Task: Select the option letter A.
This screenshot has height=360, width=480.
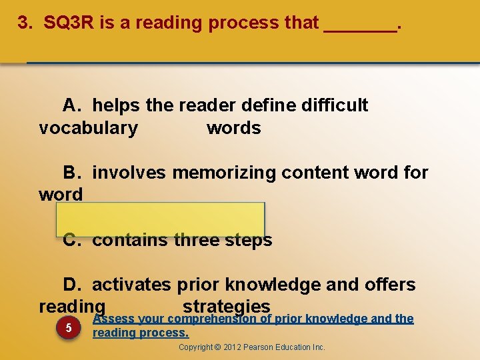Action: [71, 105]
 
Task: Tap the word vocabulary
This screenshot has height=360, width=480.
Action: [88, 128]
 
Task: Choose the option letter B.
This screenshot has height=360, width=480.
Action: [71, 173]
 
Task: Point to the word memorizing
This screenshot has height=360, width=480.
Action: [224, 173]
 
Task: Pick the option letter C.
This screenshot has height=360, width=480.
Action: [71, 240]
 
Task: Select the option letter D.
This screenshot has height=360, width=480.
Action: [71, 285]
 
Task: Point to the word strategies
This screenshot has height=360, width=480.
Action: [226, 306]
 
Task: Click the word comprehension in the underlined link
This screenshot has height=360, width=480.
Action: [214, 319]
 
